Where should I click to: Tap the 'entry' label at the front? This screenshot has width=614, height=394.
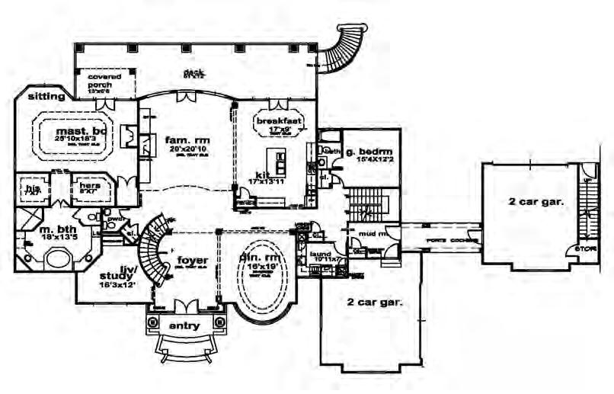[184, 325]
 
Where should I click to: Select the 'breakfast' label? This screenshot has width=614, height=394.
[280, 120]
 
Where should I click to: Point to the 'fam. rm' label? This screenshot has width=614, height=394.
[187, 140]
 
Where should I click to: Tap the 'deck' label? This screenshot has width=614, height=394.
[191, 73]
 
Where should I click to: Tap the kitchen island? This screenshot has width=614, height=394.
[282, 163]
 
